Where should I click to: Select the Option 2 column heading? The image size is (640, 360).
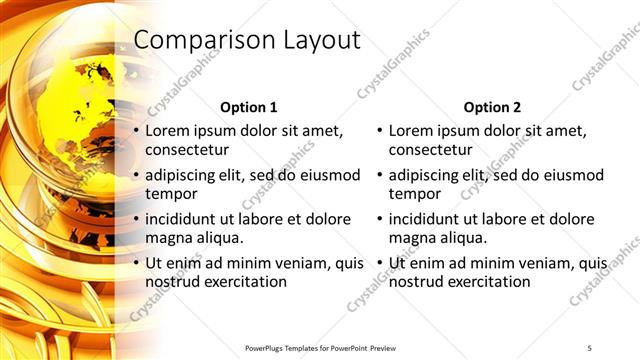[x=493, y=107]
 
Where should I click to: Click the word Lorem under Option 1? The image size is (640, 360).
[x=169, y=131]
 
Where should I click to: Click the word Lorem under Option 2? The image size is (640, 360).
[x=412, y=131]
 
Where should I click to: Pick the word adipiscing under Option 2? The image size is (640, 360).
[x=427, y=176]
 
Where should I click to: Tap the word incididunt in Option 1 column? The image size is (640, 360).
[x=185, y=220]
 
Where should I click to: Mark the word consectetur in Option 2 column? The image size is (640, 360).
[x=430, y=150]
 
